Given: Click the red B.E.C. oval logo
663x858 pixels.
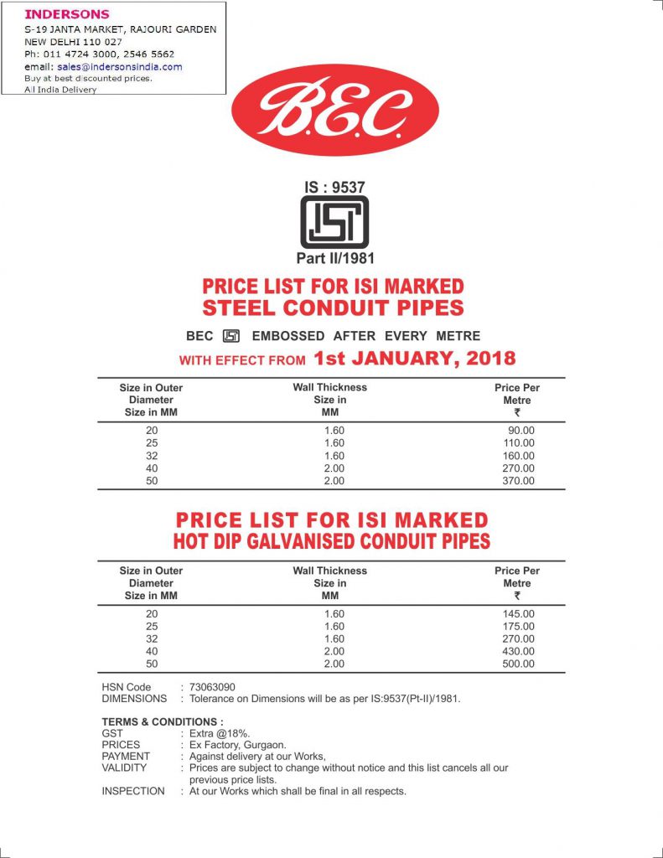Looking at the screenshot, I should (x=334, y=111).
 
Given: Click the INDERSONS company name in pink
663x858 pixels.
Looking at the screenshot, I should (x=66, y=14).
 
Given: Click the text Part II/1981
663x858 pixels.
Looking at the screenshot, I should (x=335, y=259).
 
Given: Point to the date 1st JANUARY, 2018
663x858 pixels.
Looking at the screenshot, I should (x=414, y=359).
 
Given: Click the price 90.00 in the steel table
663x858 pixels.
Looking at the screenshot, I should (x=521, y=430).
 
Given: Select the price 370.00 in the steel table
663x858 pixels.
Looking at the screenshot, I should (x=518, y=481).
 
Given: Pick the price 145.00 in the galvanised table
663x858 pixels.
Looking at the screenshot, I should (x=518, y=613).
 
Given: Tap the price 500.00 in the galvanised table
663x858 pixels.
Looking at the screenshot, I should (x=518, y=664).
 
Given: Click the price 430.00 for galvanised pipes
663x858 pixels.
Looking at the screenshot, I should (x=518, y=651).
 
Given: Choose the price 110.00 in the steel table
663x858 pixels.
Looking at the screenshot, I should (x=518, y=442).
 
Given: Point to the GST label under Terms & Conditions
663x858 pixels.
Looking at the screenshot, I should (x=112, y=732).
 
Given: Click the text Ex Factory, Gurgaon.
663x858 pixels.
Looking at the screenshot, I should (x=238, y=744).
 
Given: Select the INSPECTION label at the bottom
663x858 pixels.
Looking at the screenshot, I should (x=133, y=791).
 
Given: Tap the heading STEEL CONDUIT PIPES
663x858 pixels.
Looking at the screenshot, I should (x=333, y=308).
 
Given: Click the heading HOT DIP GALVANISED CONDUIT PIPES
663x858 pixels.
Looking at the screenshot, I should (x=333, y=540).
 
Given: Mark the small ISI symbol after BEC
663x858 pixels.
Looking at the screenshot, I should (x=231, y=336).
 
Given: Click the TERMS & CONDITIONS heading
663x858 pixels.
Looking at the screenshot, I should (x=163, y=721).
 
